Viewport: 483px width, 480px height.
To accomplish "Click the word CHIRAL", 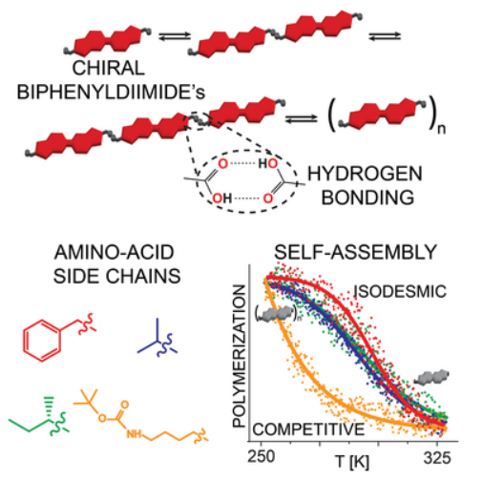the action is [x=108, y=68].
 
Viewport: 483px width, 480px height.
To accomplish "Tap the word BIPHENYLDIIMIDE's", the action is [x=111, y=93].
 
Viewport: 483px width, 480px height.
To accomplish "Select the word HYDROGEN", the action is [x=365, y=174].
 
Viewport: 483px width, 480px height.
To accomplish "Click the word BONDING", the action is [x=367, y=198].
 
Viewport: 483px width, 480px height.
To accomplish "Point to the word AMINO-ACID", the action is [x=115, y=252].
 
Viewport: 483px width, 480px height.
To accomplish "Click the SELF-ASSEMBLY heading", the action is [x=355, y=252].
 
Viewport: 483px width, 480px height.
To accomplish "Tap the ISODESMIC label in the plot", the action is [x=400, y=291].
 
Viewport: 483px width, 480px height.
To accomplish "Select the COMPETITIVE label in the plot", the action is [x=308, y=429].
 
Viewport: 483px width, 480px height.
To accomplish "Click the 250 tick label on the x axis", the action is [x=262, y=456].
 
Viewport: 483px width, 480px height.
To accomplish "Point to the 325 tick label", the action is [x=437, y=458].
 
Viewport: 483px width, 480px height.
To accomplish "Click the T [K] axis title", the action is [x=352, y=461].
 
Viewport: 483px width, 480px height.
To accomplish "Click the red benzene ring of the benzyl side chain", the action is [x=42, y=341].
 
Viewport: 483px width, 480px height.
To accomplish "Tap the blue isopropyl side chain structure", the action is [x=158, y=338].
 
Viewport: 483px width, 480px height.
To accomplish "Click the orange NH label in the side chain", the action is [x=134, y=434].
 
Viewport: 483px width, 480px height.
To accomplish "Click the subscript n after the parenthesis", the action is [x=441, y=129].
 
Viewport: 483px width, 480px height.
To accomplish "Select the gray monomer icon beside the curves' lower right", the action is [x=431, y=378].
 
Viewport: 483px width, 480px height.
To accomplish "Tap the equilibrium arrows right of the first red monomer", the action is [x=175, y=35].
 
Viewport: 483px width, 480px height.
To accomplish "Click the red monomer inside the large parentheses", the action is [x=382, y=114].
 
